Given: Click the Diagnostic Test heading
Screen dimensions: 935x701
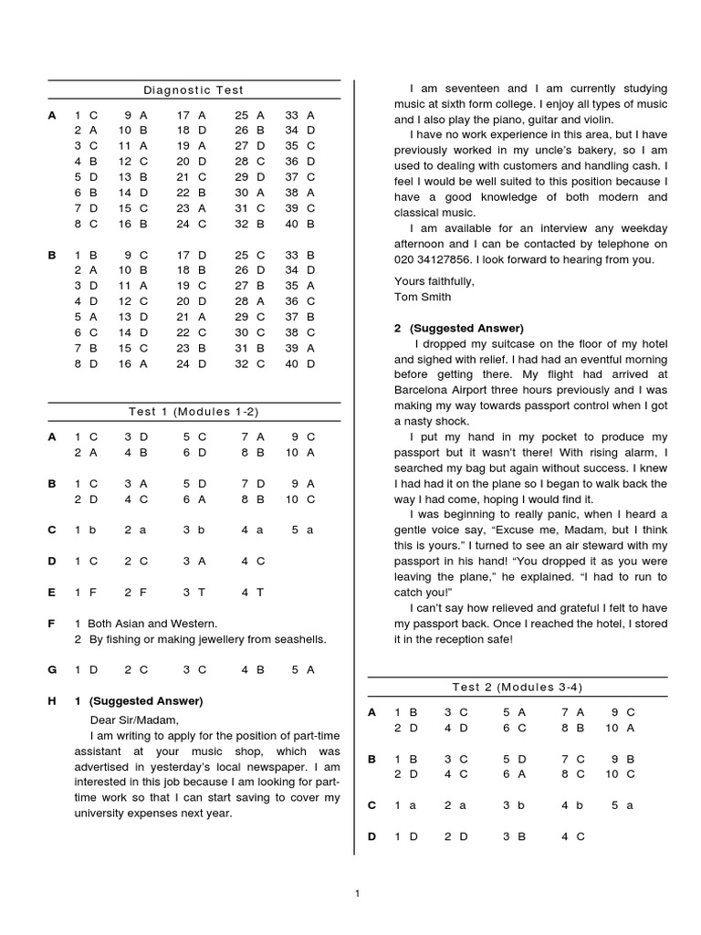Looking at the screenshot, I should click(x=194, y=90).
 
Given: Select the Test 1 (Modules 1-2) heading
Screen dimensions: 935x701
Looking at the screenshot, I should click(x=194, y=412).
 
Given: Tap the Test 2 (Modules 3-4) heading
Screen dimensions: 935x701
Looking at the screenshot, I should click(x=517, y=687).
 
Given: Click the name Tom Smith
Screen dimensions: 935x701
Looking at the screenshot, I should click(x=423, y=297).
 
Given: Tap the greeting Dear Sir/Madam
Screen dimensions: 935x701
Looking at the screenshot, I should click(x=120, y=719).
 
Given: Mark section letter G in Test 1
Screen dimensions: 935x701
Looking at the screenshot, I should click(x=53, y=669).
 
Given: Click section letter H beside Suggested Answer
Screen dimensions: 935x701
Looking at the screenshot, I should click(x=53, y=701).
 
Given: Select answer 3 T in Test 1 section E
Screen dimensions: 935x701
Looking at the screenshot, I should click(x=194, y=592).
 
